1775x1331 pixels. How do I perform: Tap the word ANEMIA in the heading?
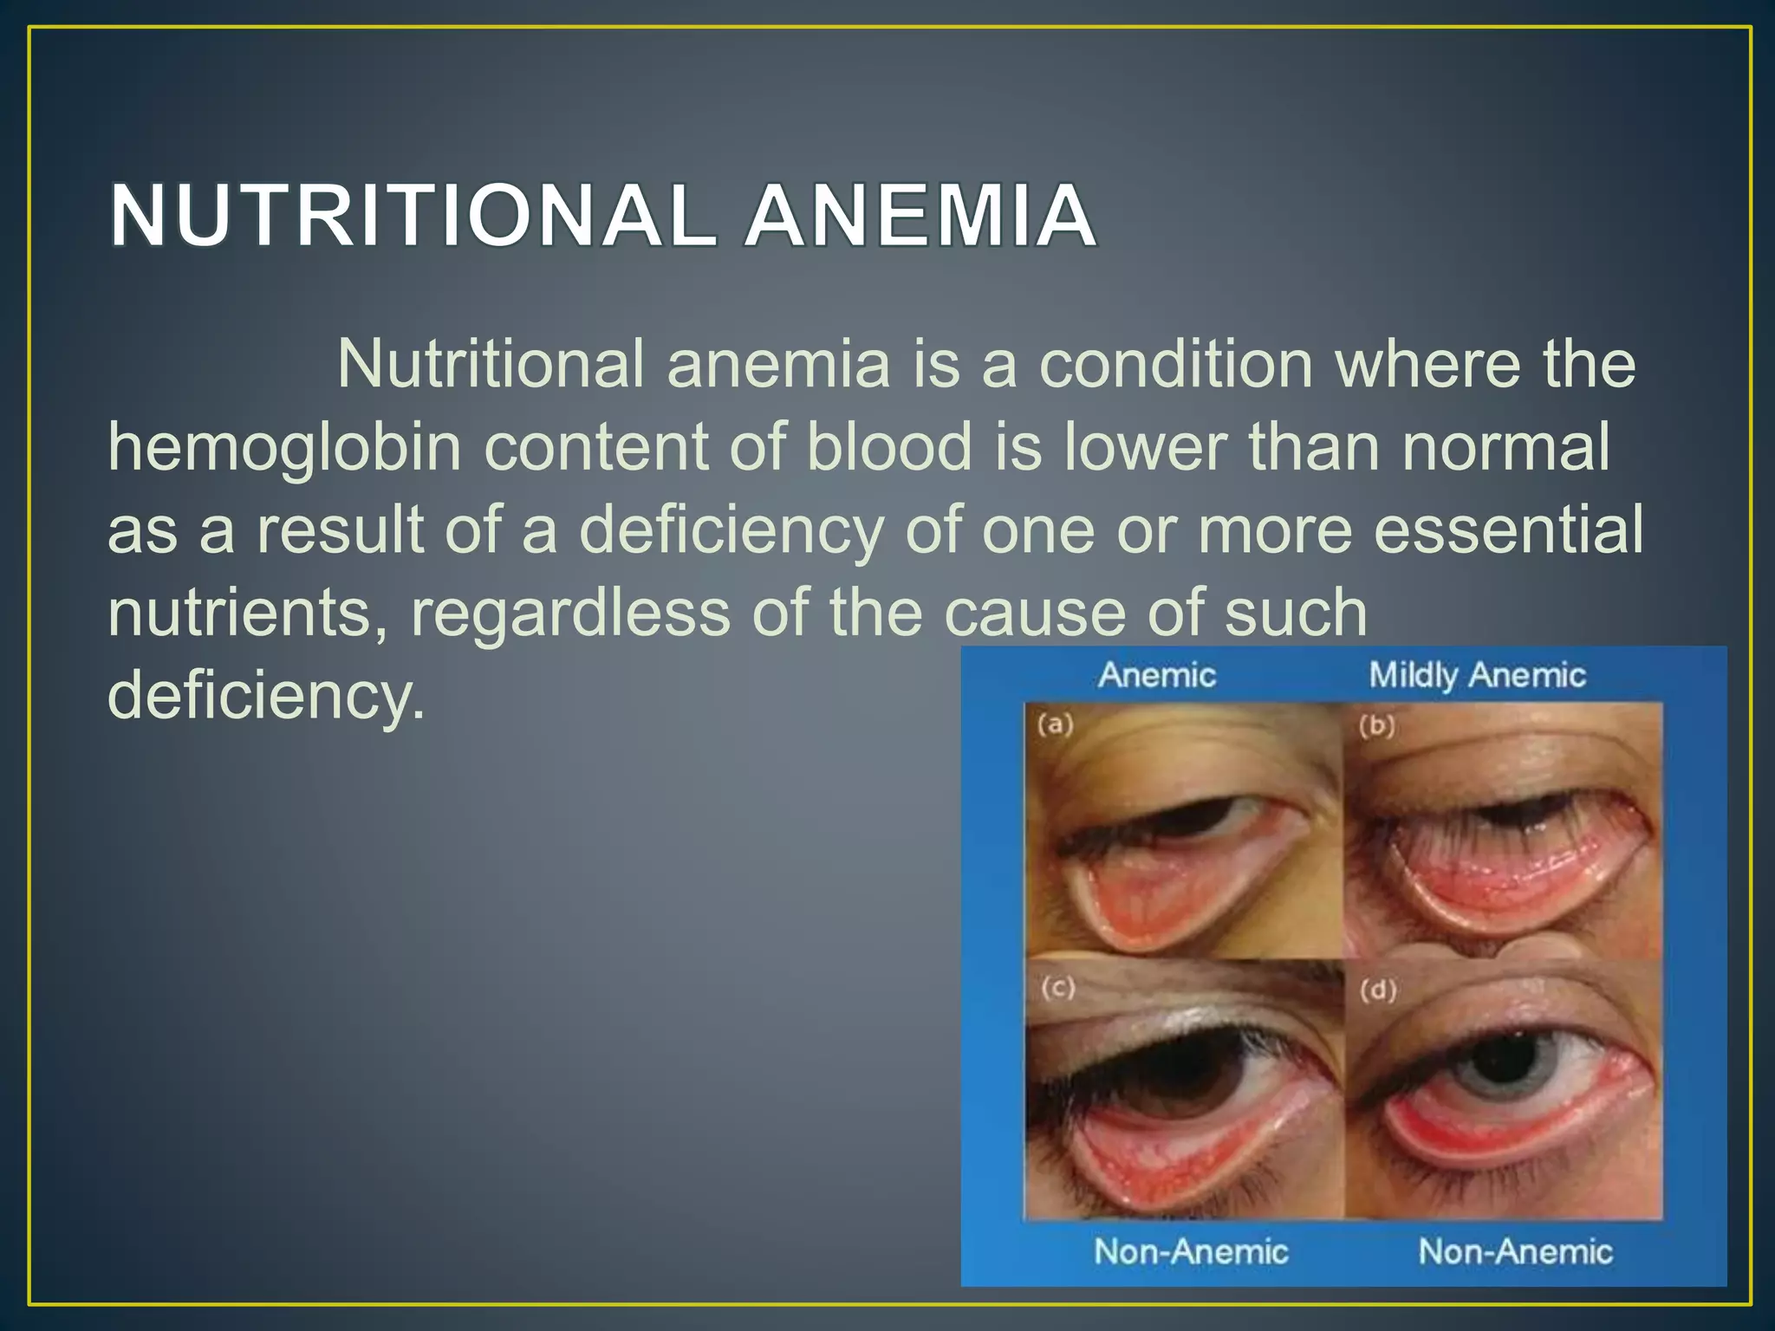point(920,216)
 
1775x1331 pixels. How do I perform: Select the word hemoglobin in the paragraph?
point(284,448)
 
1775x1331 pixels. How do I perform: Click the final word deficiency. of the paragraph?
point(266,695)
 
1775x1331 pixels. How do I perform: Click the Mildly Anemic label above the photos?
point(1477,675)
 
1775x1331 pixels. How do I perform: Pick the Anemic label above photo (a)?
point(1157,675)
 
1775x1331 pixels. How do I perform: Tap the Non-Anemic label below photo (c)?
point(1191,1251)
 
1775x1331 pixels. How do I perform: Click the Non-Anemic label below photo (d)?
point(1515,1251)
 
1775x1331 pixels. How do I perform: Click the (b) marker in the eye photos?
point(1377,726)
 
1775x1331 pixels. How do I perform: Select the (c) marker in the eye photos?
point(1058,988)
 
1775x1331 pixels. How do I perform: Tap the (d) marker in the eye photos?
point(1379,990)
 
